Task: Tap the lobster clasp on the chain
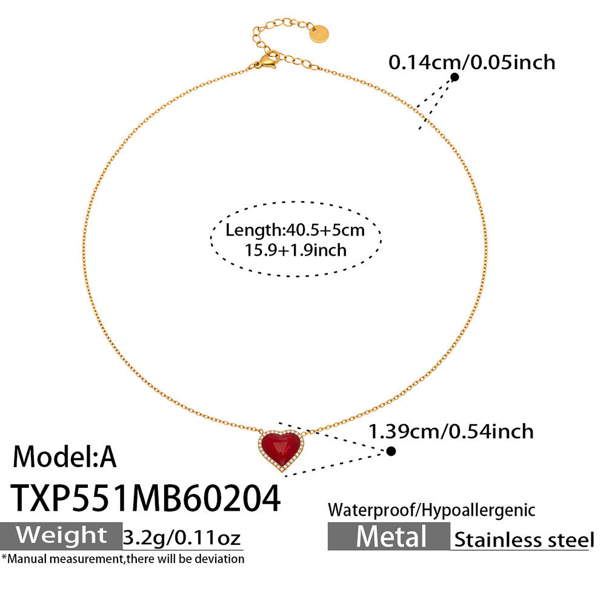(267, 61)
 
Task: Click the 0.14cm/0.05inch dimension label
(471, 62)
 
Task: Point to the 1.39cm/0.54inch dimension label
(451, 431)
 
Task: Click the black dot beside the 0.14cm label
(454, 77)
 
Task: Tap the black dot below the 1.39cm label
(391, 451)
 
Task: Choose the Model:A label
(65, 456)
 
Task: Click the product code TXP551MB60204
(146, 499)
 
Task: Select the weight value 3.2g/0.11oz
(182, 537)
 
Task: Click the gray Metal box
(389, 537)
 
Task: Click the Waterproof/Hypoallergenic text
(431, 510)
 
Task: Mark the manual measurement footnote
(123, 559)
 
